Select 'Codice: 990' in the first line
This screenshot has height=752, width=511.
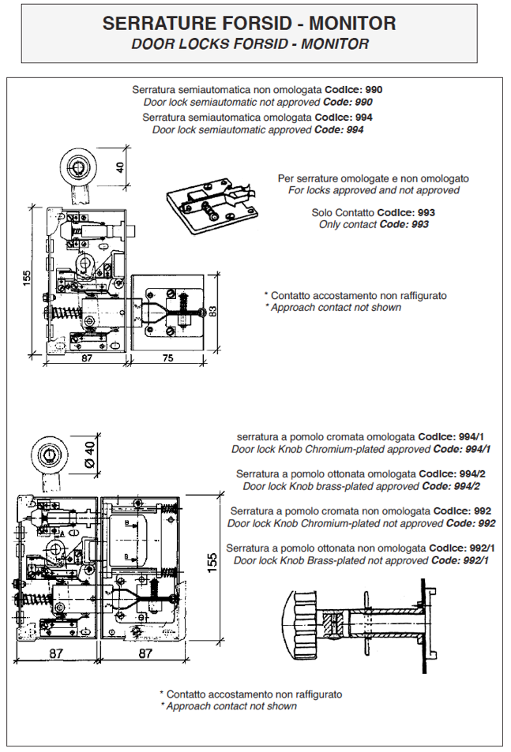point(354,90)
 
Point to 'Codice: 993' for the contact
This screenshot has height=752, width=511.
point(406,212)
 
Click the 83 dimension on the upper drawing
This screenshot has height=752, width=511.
point(213,311)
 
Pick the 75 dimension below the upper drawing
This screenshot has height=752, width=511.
point(168,358)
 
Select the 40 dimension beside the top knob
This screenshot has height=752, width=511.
point(119,167)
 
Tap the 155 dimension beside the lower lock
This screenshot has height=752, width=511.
point(212,563)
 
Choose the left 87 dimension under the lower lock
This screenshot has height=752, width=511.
point(56,653)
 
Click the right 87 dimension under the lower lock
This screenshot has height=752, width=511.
point(145,653)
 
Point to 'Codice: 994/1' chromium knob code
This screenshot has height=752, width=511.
point(451,437)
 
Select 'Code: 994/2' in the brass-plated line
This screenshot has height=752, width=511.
point(451,486)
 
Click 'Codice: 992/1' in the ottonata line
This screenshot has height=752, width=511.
point(461,548)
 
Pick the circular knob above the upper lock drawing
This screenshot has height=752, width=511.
point(78,168)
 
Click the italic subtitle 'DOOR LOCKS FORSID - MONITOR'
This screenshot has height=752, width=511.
point(250,44)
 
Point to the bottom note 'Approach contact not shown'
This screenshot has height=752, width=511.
point(231,706)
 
